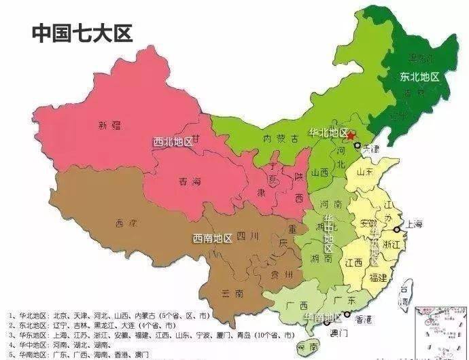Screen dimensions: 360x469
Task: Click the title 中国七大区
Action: click(82, 33)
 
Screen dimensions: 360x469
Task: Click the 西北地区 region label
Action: click(173, 142)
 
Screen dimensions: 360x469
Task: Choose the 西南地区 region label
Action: click(211, 238)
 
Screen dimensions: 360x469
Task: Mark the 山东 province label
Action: click(368, 174)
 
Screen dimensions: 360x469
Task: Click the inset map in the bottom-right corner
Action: click(441, 331)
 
